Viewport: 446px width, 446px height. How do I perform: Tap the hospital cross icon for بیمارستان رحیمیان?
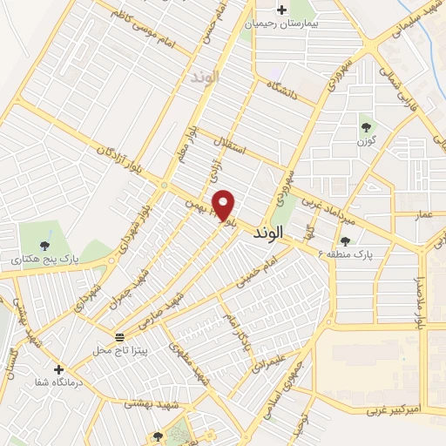coord(281,11)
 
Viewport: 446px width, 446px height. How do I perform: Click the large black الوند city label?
coord(269,235)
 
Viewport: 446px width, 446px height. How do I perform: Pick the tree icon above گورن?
coord(365,127)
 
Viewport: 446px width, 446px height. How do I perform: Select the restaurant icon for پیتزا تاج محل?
coord(119,336)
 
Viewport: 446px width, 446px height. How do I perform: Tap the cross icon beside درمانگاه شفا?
coord(58,370)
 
